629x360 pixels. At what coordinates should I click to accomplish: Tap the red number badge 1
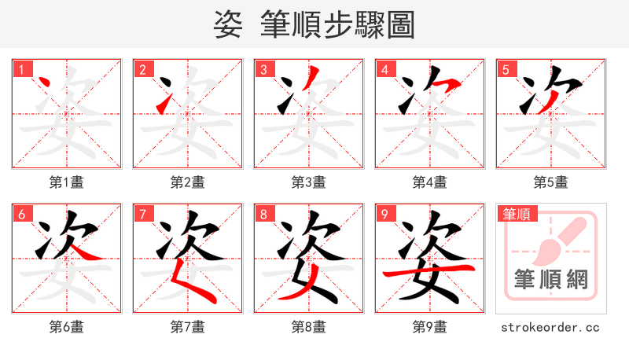pos(20,69)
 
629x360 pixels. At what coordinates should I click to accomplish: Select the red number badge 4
pos(384,69)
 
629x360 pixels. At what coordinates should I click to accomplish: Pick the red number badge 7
pos(142,214)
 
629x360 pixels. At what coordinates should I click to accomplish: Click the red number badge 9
pos(384,214)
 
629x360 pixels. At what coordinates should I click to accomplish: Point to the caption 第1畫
pos(67,182)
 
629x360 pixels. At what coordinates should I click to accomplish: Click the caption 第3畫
pos(309,182)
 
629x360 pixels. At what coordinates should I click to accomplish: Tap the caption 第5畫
pos(550,182)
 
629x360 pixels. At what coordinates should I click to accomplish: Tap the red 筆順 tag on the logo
pos(517,214)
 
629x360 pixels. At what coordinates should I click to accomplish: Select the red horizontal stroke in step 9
pos(429,271)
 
